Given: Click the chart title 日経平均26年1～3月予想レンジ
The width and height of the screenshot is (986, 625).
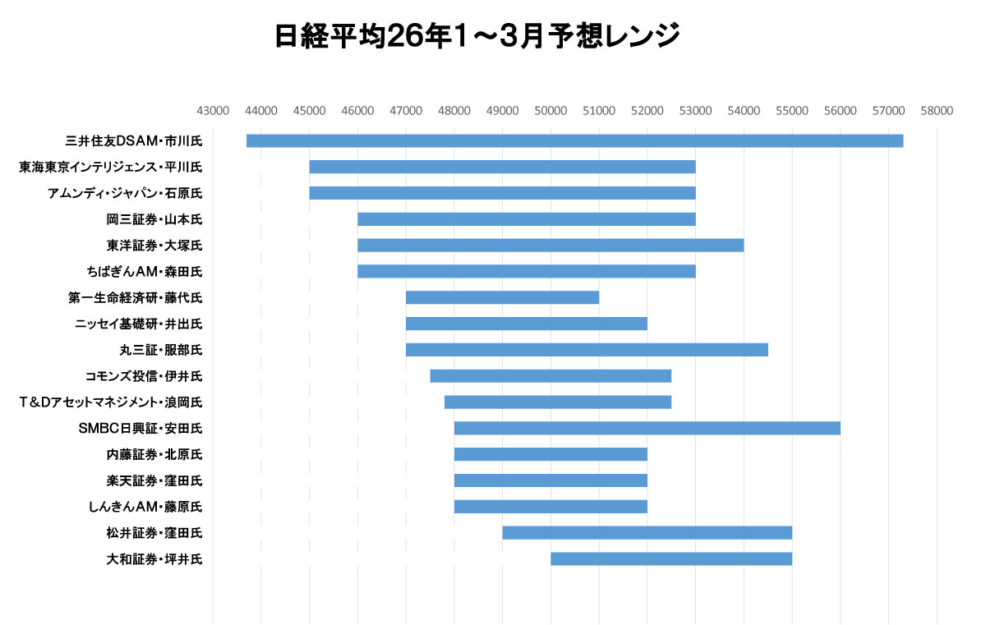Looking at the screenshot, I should (x=477, y=37).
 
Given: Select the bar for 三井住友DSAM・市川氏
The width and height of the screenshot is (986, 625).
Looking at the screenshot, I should (x=574, y=140).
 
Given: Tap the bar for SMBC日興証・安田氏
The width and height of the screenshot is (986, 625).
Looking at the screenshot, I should (x=647, y=428).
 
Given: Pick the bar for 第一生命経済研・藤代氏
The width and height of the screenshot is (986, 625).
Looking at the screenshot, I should (x=502, y=297).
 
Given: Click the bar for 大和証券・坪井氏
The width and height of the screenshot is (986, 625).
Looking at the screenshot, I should (x=671, y=559).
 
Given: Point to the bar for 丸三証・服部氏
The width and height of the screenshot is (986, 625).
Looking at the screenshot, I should (x=587, y=350).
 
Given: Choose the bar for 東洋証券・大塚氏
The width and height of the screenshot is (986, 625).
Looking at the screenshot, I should (x=551, y=245).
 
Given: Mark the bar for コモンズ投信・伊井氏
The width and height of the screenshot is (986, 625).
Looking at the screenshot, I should (x=551, y=376).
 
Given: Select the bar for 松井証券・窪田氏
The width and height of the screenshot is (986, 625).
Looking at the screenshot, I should (x=647, y=533).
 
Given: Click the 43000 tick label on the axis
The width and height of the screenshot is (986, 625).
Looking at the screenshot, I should (x=213, y=109).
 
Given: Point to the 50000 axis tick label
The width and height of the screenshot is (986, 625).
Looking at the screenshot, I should (x=551, y=109).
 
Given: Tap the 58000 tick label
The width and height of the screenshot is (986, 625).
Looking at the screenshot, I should (x=937, y=109).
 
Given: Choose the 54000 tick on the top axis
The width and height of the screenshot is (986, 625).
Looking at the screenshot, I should (x=744, y=109).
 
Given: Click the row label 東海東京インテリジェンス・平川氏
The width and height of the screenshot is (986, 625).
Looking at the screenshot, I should (x=111, y=167).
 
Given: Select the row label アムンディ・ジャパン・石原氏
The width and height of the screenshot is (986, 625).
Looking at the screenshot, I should (x=125, y=193).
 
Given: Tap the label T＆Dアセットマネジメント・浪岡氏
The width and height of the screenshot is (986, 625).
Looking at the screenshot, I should (x=111, y=402).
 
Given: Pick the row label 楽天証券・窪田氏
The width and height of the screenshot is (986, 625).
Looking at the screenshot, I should (x=154, y=480).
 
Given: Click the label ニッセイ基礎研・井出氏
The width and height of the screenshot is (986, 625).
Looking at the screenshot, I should (x=139, y=324).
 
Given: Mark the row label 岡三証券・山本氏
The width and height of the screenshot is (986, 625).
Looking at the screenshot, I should (x=154, y=219).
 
